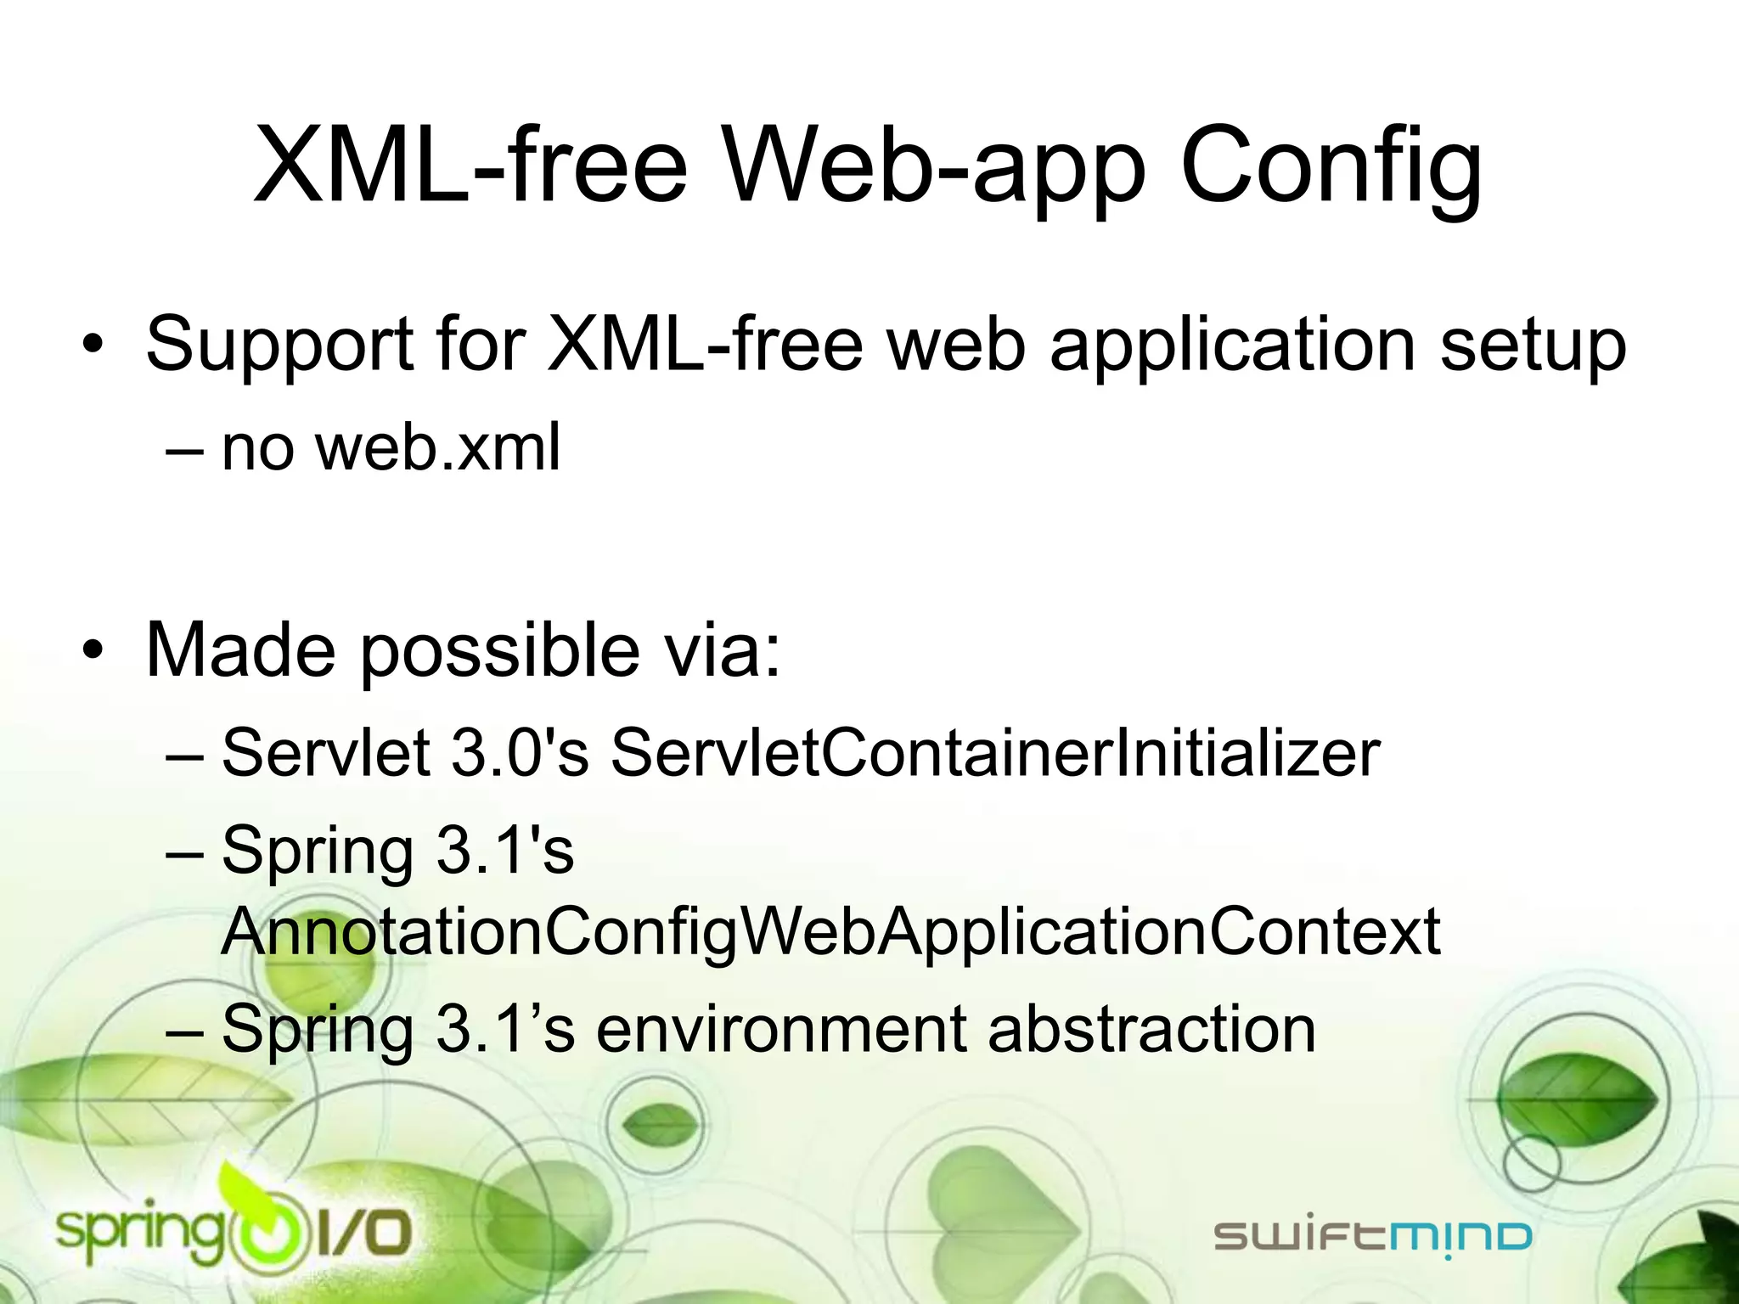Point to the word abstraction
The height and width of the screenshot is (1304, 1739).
(x=1151, y=1029)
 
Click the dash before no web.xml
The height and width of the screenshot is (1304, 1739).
(x=185, y=449)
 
